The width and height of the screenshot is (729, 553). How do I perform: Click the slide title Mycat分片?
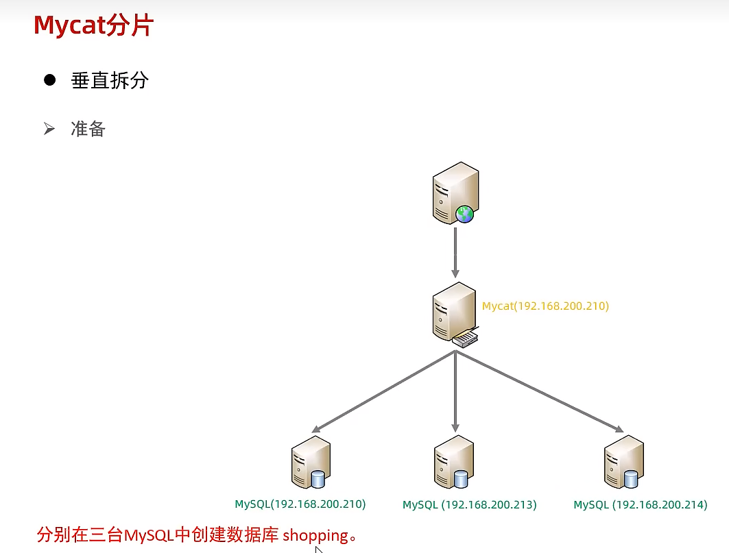(x=93, y=26)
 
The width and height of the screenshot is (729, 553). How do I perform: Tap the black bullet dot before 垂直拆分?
(x=49, y=80)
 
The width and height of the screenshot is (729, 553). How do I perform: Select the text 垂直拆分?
(x=110, y=81)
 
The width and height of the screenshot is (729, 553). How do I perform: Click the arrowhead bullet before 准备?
(x=49, y=128)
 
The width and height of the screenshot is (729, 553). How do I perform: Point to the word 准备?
(x=88, y=129)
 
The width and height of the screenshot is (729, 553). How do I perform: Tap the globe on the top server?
(x=465, y=214)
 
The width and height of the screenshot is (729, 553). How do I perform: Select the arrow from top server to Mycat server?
(x=455, y=252)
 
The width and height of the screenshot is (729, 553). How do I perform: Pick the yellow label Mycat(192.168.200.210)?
(x=545, y=306)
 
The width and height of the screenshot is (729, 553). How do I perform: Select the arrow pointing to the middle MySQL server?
(x=455, y=391)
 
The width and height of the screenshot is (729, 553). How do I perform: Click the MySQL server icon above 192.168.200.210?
(x=311, y=463)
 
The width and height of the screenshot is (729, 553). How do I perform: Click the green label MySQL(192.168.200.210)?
(x=300, y=504)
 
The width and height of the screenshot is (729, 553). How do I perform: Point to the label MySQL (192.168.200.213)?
(x=469, y=505)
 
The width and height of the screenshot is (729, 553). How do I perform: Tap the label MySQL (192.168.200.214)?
(x=640, y=505)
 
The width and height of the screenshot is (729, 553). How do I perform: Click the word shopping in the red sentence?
(x=315, y=534)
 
